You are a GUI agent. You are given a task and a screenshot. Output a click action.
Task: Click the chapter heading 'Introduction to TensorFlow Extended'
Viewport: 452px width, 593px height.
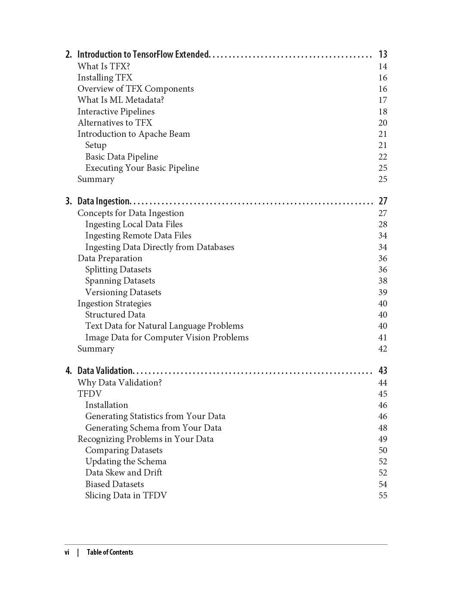(143, 54)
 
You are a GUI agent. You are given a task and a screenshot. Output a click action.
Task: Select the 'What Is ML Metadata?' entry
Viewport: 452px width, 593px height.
(121, 100)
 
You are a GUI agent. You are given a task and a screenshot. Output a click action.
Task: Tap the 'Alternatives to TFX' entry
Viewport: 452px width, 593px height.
(115, 123)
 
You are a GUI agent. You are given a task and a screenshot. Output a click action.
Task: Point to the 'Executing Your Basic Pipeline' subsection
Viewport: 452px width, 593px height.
(142, 168)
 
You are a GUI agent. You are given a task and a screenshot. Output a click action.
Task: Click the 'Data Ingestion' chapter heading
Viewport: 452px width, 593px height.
(103, 201)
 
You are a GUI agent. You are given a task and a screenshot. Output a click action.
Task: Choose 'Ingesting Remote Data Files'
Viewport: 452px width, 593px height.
(138, 235)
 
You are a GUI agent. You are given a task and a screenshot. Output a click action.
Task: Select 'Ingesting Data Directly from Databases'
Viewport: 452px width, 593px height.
(160, 247)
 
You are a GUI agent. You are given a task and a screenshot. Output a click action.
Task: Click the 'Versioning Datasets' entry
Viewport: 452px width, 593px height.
(123, 292)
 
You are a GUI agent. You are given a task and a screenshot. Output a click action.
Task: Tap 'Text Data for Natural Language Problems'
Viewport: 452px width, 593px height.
(164, 326)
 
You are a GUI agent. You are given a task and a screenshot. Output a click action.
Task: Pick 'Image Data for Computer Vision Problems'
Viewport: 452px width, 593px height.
(167, 337)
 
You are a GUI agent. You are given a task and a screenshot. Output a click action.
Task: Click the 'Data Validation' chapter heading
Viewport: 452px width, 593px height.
(105, 371)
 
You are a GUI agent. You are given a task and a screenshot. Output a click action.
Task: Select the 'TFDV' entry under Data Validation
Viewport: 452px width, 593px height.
(90, 394)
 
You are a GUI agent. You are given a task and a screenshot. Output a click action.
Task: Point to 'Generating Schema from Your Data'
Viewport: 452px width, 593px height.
(153, 428)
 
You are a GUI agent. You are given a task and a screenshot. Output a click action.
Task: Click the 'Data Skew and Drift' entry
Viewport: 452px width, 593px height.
(124, 473)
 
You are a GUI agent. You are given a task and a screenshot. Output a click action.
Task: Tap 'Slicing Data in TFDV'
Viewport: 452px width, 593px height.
(126, 495)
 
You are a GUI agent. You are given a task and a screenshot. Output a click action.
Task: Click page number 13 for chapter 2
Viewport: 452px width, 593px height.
(383, 54)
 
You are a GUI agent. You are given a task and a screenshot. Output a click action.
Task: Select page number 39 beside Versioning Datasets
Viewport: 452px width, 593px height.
(383, 292)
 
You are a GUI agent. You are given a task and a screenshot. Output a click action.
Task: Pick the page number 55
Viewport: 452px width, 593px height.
(383, 495)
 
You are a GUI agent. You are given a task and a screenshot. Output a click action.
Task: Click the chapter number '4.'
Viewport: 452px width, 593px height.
(69, 371)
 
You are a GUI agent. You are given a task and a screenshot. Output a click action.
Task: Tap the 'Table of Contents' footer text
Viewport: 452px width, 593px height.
(110, 552)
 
